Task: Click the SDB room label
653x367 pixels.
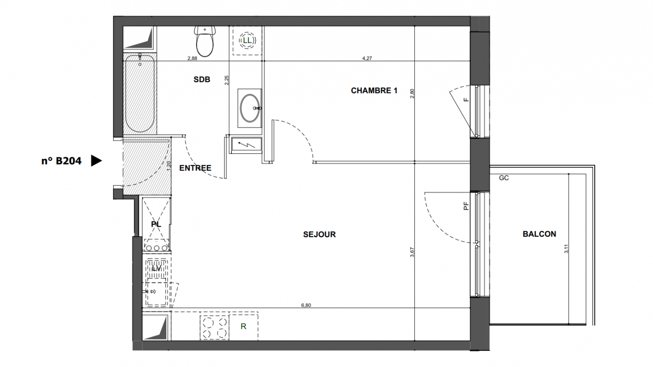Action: (x=202, y=79)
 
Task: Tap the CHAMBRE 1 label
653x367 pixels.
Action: (x=374, y=91)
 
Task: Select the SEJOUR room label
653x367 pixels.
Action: (x=319, y=234)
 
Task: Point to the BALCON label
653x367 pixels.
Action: (x=539, y=234)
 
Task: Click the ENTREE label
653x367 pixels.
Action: (x=195, y=168)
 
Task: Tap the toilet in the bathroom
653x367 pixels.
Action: (x=205, y=41)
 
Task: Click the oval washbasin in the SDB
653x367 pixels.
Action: (x=250, y=108)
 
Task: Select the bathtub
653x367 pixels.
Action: (x=140, y=93)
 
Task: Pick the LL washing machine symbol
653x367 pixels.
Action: (x=247, y=40)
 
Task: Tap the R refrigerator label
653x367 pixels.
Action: (x=243, y=327)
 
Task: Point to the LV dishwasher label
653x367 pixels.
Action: (x=157, y=268)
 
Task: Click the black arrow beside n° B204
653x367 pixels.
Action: (x=96, y=161)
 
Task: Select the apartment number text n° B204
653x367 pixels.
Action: (x=61, y=161)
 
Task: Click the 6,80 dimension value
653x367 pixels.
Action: (x=306, y=306)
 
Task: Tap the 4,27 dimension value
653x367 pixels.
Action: (x=367, y=58)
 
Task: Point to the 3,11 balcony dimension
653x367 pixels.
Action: (x=566, y=249)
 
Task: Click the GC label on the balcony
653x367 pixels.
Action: (x=504, y=178)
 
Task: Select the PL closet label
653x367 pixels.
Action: (x=156, y=224)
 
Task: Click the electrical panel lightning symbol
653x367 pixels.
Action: (x=247, y=145)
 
